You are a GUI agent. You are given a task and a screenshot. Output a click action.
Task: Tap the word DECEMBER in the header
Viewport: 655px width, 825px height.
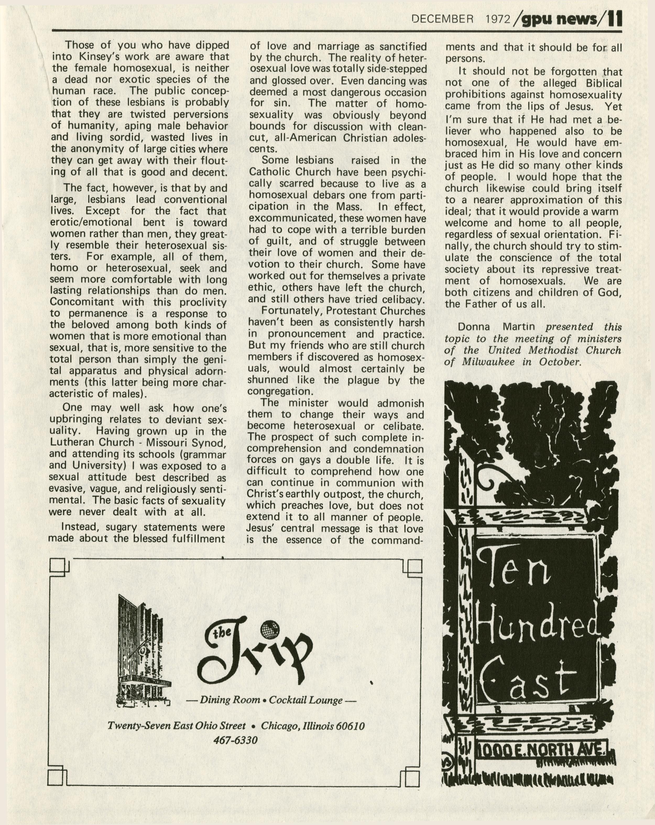point(443,19)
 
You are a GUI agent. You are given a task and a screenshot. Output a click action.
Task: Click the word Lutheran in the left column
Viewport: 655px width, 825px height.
point(73,442)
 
